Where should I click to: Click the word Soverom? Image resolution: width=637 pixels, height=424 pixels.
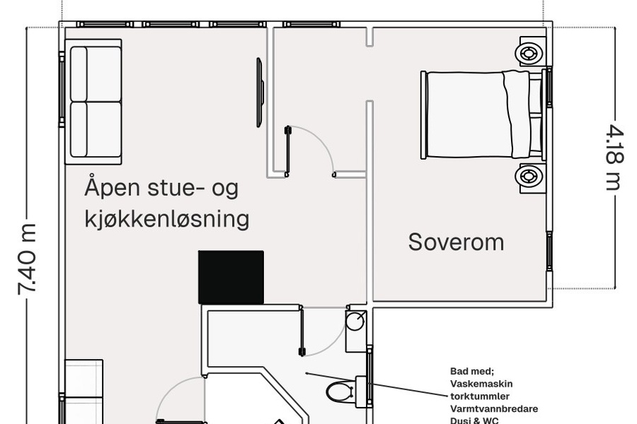tap(456, 242)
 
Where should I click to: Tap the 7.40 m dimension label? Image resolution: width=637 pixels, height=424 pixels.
tap(28, 259)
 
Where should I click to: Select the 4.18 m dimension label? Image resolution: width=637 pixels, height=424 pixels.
tap(614, 158)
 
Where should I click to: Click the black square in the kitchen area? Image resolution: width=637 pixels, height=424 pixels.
tap(231, 277)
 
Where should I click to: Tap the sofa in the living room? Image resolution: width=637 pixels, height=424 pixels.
tap(93, 102)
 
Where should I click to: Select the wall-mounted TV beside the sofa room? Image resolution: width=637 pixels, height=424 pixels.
tap(260, 93)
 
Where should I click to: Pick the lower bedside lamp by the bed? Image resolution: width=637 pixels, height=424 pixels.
tap(529, 176)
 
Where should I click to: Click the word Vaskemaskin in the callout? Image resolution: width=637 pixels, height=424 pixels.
tap(481, 384)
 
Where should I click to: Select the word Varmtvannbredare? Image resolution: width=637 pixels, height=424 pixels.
tap(494, 408)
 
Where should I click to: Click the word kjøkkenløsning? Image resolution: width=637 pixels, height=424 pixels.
tap(167, 220)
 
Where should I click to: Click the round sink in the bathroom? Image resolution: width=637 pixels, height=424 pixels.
tap(355, 321)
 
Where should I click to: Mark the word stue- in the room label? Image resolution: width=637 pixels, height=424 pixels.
tap(176, 188)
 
